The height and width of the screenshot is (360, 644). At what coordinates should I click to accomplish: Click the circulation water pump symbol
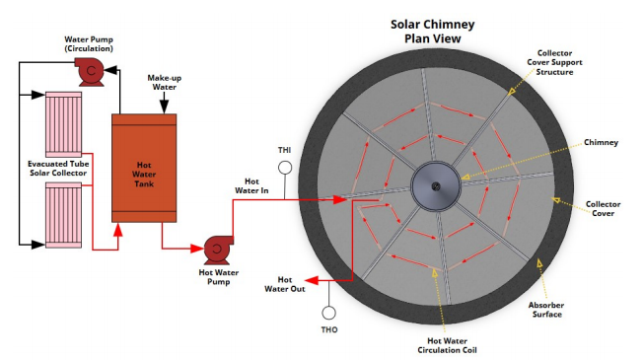click(x=91, y=72)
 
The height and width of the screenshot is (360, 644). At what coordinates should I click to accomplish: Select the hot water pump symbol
click(x=218, y=250)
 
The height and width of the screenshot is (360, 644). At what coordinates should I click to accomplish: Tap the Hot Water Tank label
click(x=144, y=175)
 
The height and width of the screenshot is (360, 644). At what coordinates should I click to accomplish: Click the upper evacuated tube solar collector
click(x=64, y=124)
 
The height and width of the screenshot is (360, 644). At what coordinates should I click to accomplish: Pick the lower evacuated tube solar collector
click(x=64, y=215)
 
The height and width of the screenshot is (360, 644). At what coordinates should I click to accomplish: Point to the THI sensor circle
click(x=285, y=168)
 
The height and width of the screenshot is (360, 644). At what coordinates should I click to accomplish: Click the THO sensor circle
click(x=328, y=314)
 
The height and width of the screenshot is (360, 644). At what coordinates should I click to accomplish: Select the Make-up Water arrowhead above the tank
click(x=165, y=108)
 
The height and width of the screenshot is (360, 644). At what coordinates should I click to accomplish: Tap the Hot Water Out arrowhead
click(x=312, y=281)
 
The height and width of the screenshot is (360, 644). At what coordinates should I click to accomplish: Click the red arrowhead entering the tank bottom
click(x=118, y=229)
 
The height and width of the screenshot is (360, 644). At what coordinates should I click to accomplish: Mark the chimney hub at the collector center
click(x=436, y=186)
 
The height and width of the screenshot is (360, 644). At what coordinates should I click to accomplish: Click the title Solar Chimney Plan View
click(x=433, y=32)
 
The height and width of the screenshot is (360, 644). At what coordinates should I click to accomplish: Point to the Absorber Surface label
click(x=546, y=310)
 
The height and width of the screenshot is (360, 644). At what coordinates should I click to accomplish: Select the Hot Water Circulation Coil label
click(x=447, y=345)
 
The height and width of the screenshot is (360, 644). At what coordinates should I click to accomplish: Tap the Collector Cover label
click(x=603, y=208)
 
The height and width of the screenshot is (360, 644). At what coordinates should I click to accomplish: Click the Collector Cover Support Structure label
click(x=554, y=62)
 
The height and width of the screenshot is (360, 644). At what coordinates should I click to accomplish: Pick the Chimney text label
click(x=601, y=143)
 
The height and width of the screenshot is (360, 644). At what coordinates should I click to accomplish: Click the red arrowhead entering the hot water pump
click(x=197, y=249)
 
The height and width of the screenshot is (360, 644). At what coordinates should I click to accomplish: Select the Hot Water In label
click(x=251, y=185)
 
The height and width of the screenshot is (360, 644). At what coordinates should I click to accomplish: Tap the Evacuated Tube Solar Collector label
click(x=58, y=169)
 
